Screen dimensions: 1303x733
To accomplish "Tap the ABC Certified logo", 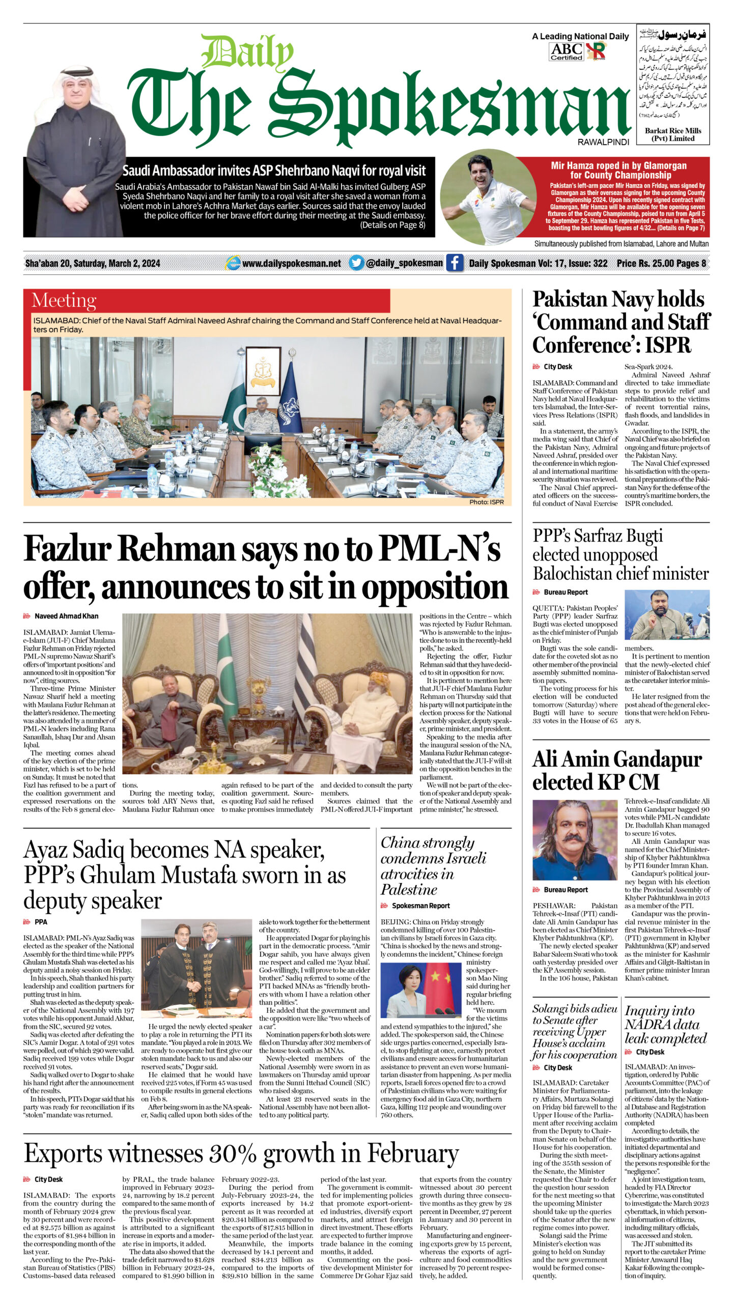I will coord(566,51).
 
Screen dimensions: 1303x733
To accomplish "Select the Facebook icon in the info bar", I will coord(454,263).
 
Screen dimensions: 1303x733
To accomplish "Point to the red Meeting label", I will coord(64,301).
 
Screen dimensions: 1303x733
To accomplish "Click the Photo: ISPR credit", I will coord(486,502).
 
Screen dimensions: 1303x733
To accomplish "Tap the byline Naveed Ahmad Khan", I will coord(66,616).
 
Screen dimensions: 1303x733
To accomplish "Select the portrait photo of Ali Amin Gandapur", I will coord(574,840).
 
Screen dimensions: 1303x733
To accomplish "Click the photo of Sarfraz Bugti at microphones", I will coord(667,614).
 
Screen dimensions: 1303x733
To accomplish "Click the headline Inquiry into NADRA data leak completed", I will coord(665,1024).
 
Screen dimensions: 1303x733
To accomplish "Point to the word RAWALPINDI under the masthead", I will coord(603,142).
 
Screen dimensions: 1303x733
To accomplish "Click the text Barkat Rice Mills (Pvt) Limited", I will coord(673,134).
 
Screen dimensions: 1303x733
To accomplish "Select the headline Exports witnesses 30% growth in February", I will coord(241,1154).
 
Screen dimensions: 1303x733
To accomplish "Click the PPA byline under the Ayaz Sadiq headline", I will coord(41,922).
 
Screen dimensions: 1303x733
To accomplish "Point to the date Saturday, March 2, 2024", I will coord(117,263).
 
